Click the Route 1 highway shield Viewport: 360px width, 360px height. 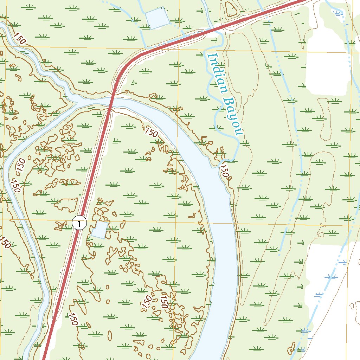coord(79,223)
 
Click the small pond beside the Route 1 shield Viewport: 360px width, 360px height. coord(99,230)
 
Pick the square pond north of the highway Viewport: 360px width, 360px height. coord(157,18)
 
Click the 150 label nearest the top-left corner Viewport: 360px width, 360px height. coord(20,38)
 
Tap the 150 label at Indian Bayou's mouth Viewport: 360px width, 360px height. coord(225,172)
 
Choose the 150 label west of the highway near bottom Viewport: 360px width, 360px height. coord(73,319)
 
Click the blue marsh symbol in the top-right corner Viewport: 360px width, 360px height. coord(338,13)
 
